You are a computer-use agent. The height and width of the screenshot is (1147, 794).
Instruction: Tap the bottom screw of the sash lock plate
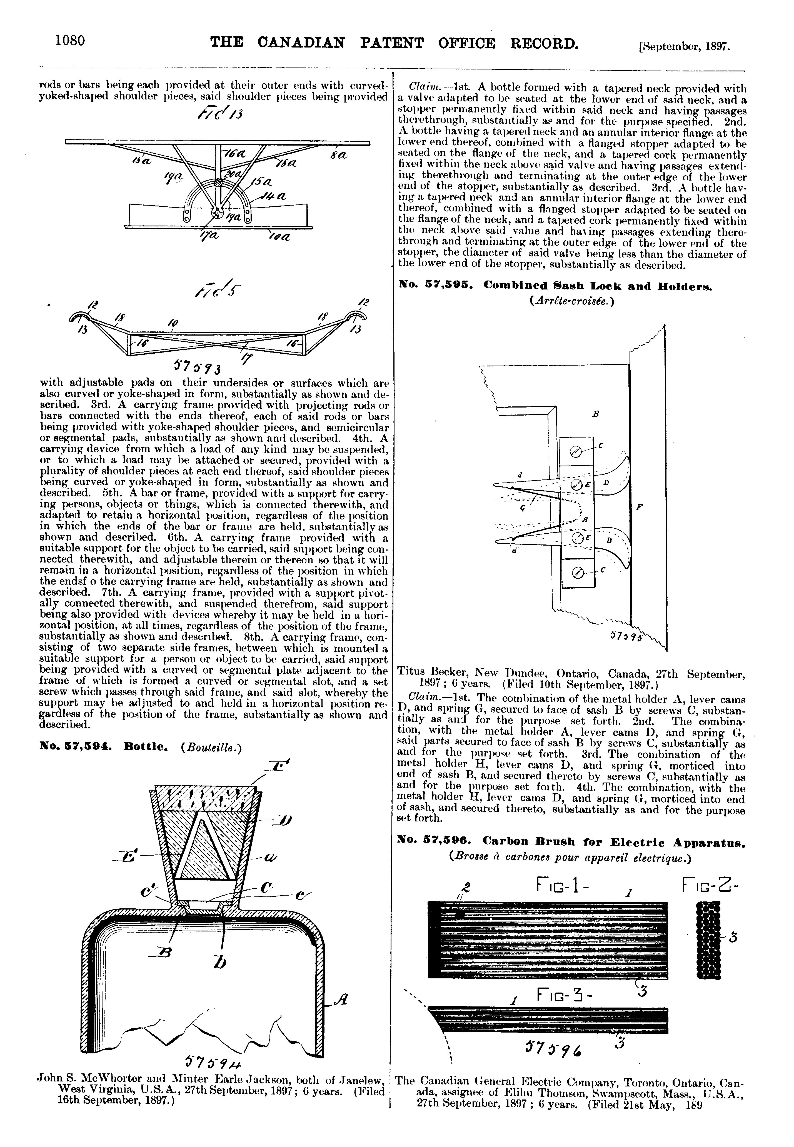point(577,573)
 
